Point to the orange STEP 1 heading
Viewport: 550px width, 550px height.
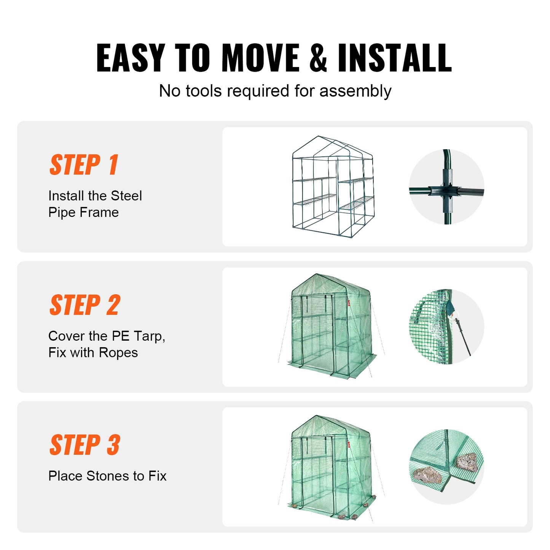coord(84,165)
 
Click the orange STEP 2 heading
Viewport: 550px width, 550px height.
coord(85,305)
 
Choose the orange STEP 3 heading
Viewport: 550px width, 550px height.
coord(85,445)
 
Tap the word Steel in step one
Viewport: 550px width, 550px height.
coord(126,196)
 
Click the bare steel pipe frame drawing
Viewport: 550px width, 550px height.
coord(333,187)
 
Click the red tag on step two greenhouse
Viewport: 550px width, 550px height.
coord(348,303)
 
